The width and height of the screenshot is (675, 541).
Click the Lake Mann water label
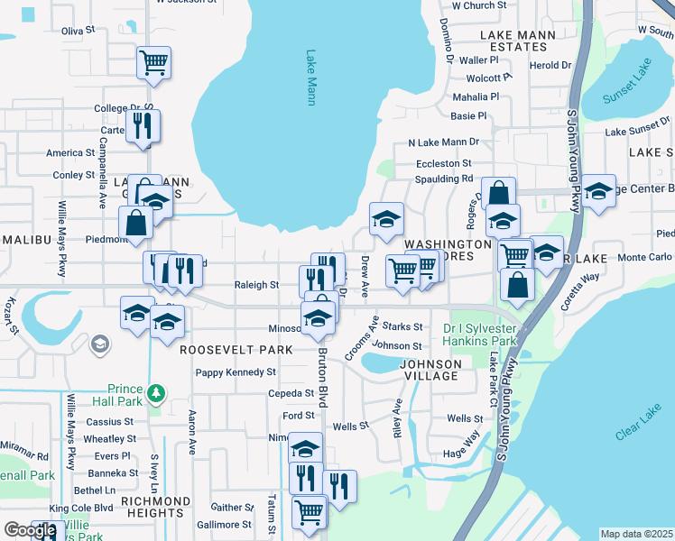[310, 78]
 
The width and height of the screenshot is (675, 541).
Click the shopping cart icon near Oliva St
[154, 62]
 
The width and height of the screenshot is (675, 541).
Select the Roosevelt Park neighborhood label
[236, 349]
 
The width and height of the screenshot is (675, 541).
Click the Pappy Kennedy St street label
[236, 371]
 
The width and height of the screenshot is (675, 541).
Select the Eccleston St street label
[443, 163]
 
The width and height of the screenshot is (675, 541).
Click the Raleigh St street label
[256, 285]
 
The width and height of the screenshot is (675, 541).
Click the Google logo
[30, 530]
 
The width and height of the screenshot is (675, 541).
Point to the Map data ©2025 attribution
[636, 534]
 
